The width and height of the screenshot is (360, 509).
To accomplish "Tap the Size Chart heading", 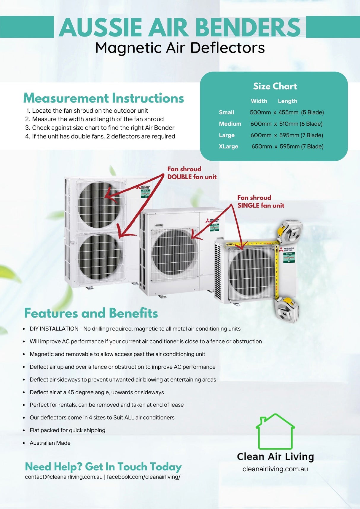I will [x=275, y=86].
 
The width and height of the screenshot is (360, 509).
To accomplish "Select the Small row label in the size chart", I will [x=226, y=112].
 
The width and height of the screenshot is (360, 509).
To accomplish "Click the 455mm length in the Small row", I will [x=288, y=112].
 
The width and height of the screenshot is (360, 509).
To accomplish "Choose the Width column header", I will [x=259, y=101].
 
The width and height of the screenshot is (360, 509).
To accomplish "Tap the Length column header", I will [x=287, y=101].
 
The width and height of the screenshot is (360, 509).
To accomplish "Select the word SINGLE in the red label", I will [x=248, y=205].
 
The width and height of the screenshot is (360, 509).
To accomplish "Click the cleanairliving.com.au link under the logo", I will [x=275, y=469].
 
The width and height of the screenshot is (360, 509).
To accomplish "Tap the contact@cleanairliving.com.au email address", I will [x=64, y=477].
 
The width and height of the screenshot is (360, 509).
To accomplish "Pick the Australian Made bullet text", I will [x=50, y=443].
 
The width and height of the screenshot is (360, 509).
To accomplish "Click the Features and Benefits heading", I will [x=91, y=313].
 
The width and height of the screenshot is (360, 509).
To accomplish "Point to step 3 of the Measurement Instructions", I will [x=103, y=128].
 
